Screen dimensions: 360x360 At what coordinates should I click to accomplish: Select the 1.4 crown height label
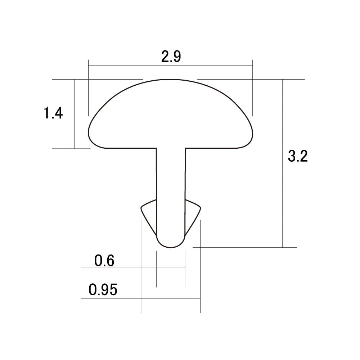53,113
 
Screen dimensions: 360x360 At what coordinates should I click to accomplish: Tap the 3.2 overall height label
298,156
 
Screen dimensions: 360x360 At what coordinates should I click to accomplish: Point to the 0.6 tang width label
104,261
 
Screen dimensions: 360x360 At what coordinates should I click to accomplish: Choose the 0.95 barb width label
103,289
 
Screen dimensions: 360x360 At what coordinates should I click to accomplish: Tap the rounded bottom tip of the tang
171,247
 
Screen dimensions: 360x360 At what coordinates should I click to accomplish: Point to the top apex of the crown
170,80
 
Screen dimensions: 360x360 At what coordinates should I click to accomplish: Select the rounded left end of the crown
89,133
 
